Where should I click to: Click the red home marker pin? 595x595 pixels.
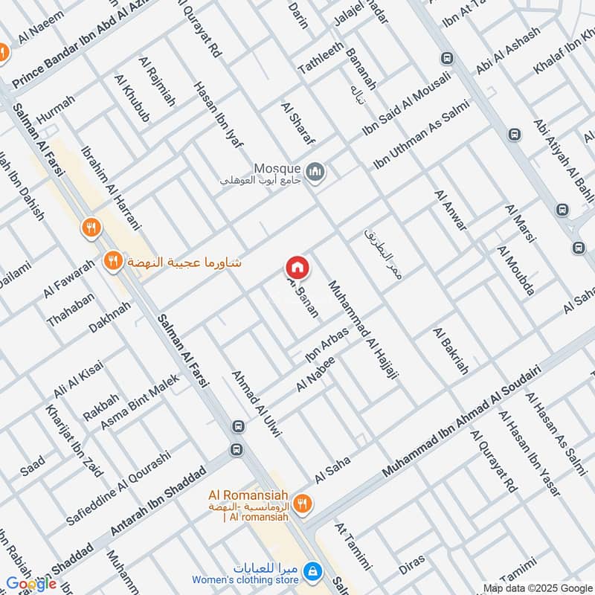(x=297, y=266)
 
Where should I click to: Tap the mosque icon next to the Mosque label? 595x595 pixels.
(x=318, y=172)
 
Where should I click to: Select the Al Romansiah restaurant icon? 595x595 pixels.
(x=301, y=504)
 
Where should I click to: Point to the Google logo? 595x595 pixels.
(x=31, y=584)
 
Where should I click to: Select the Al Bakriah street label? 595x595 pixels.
(x=451, y=350)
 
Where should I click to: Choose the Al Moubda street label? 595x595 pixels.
(x=515, y=271)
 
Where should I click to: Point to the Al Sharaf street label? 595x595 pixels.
(x=298, y=123)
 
